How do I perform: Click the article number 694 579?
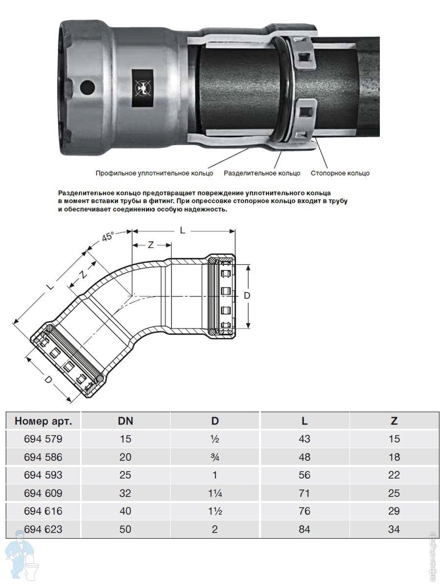(43, 439)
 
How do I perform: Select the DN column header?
(125, 421)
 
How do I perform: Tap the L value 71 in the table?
(304, 493)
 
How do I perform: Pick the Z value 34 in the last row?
(394, 529)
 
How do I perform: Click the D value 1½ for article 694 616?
(215, 511)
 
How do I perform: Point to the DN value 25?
(125, 475)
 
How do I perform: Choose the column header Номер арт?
(44, 421)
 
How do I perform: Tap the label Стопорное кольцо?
(340, 173)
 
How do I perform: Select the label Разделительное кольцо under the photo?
(262, 173)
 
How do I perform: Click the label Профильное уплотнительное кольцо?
(154, 173)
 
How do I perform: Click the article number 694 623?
(43, 529)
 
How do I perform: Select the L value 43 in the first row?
(304, 439)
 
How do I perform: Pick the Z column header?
(394, 421)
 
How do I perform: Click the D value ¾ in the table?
(215, 457)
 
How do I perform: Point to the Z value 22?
(394, 475)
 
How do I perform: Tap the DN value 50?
(125, 529)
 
